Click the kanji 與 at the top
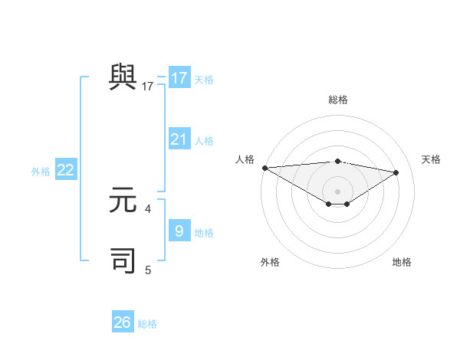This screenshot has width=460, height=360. (123, 77)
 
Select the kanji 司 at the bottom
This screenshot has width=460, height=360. (123, 260)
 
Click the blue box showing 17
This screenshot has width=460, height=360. (179, 78)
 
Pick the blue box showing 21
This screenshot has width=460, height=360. (179, 139)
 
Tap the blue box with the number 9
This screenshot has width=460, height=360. (179, 231)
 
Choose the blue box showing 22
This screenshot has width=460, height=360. (66, 170)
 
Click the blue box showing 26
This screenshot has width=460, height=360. (123, 322)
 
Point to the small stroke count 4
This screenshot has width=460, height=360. (148, 208)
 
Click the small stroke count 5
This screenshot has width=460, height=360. (148, 270)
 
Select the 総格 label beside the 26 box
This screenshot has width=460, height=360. (147, 324)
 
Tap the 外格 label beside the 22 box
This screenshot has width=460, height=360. (41, 172)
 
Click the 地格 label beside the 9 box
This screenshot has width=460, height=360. (204, 233)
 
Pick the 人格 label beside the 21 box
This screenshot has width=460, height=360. (204, 141)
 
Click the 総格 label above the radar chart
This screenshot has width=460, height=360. (337, 100)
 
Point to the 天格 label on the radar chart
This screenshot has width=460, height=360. (432, 159)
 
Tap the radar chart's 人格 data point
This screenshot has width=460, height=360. (264, 168)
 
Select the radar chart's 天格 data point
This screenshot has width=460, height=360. (396, 172)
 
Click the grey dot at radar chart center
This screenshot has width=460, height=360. (337, 191)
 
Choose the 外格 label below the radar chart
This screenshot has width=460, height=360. (270, 262)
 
